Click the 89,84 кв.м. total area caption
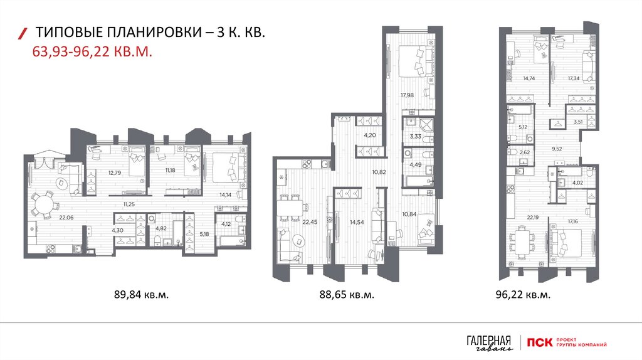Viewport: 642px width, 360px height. [x=141, y=295]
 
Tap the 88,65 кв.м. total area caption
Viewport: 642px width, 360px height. [x=347, y=295]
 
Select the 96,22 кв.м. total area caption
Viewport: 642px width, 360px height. [x=523, y=295]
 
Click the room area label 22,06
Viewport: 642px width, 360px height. [x=66, y=218]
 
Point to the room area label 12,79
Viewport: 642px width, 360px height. [x=115, y=173]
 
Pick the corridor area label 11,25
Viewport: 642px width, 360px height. [x=129, y=204]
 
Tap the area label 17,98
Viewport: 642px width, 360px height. [x=407, y=95]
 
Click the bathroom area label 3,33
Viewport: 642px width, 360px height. [x=416, y=136]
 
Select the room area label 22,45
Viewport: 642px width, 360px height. [x=310, y=223]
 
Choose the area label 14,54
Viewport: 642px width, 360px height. [x=357, y=223]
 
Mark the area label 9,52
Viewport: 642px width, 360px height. [x=557, y=149]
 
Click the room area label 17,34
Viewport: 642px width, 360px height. [x=574, y=78]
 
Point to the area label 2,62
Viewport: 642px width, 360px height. [x=524, y=152]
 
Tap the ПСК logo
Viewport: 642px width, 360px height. [x=539, y=342]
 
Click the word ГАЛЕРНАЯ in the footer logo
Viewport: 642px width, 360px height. [x=489, y=341]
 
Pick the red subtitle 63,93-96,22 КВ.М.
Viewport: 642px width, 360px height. [x=92, y=52]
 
